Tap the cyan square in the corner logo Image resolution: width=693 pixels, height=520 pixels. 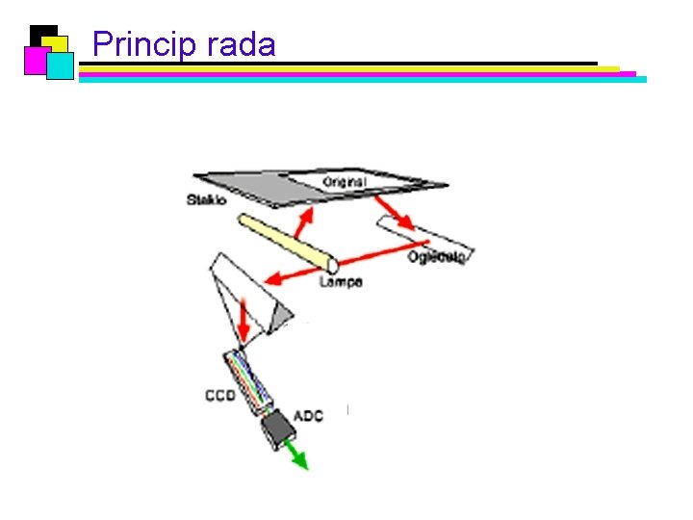point(60,65)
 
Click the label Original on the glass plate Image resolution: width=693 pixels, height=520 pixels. point(344,182)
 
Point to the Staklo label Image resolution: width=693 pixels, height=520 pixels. point(206,200)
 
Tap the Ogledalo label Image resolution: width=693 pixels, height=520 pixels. point(437,257)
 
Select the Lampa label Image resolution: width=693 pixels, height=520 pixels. point(341,282)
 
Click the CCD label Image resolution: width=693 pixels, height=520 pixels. point(219,396)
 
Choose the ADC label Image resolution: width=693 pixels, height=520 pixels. point(308,415)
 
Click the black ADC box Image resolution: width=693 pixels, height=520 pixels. point(278,428)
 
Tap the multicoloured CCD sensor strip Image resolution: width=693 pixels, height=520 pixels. point(251,384)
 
